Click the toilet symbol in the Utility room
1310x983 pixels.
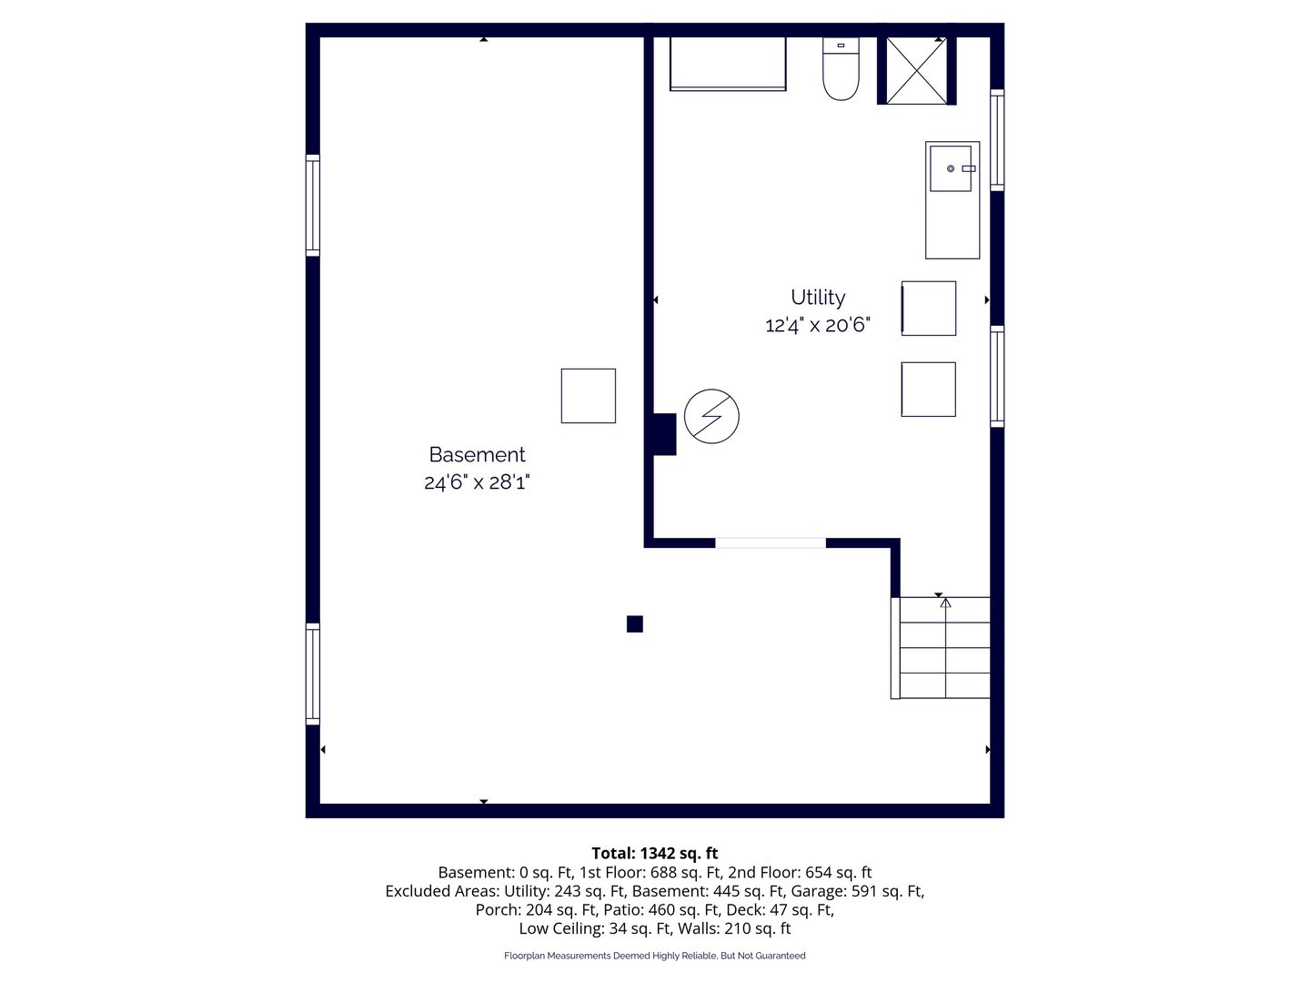(841, 68)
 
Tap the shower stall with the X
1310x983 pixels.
(916, 70)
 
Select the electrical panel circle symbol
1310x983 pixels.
(711, 416)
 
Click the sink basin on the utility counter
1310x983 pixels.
(950, 169)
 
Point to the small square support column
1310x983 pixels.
(634, 623)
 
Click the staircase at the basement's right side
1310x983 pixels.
(941, 647)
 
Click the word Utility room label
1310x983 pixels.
(818, 298)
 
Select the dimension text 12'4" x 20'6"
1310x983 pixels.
(818, 325)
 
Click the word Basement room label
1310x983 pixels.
(477, 455)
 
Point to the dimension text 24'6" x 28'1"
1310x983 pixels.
(477, 482)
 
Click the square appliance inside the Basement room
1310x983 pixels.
(588, 396)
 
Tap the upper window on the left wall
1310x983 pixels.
(313, 206)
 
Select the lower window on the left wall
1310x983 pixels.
(313, 674)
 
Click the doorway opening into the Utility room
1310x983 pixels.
(771, 543)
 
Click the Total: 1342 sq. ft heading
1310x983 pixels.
(655, 853)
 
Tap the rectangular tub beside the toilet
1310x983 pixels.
(728, 64)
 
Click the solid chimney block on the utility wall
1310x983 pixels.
(664, 434)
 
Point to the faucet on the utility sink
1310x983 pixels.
(969, 169)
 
